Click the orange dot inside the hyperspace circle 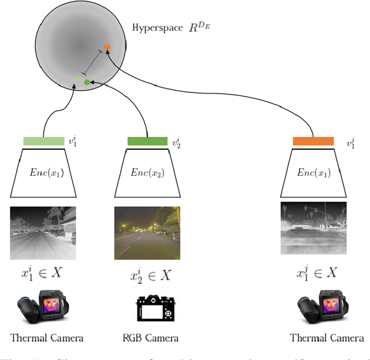[x=107, y=47]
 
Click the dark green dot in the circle [x=87, y=83]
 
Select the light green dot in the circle [x=79, y=79]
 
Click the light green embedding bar [x=43, y=141]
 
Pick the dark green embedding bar [x=147, y=141]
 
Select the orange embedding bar [x=313, y=141]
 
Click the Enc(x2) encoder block [x=147, y=173]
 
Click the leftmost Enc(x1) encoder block [x=43, y=173]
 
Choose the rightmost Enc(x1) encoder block [x=313, y=173]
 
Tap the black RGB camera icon [x=154, y=309]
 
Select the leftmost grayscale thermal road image [x=43, y=231]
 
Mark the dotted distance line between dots [x=92, y=62]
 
